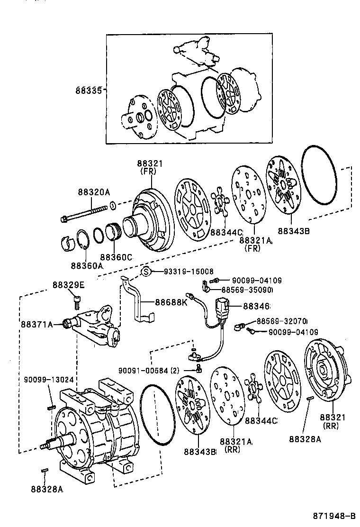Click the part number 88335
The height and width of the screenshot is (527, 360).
click(88, 90)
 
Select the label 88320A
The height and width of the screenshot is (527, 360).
click(94, 192)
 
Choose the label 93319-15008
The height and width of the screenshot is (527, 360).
click(189, 272)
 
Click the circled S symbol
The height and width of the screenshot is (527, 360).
click(146, 272)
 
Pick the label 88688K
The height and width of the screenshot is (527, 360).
click(171, 302)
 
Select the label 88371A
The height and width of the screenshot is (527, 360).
click(36, 324)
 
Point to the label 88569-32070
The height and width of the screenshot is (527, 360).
click(282, 321)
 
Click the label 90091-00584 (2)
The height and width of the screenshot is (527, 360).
click(149, 370)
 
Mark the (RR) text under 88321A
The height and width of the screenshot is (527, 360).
click(233, 450)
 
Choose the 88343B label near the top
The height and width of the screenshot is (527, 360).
click(294, 231)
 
